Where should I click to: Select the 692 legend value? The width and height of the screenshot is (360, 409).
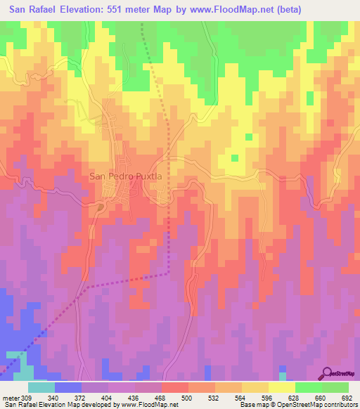click(x=346, y=398)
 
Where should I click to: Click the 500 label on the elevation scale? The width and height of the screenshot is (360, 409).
click(x=187, y=398)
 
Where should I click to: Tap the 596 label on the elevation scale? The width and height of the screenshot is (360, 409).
click(x=266, y=398)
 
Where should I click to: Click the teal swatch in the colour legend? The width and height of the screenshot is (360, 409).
click(x=41, y=387)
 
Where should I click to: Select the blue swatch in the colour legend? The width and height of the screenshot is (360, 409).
click(x=67, y=387)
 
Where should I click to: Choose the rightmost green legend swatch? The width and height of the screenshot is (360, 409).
click(x=335, y=387)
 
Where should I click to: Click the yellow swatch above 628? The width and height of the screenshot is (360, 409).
click(x=281, y=387)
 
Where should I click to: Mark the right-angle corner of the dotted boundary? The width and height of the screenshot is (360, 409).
click(x=169, y=273)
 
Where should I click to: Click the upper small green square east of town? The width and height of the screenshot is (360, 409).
click(x=247, y=137)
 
